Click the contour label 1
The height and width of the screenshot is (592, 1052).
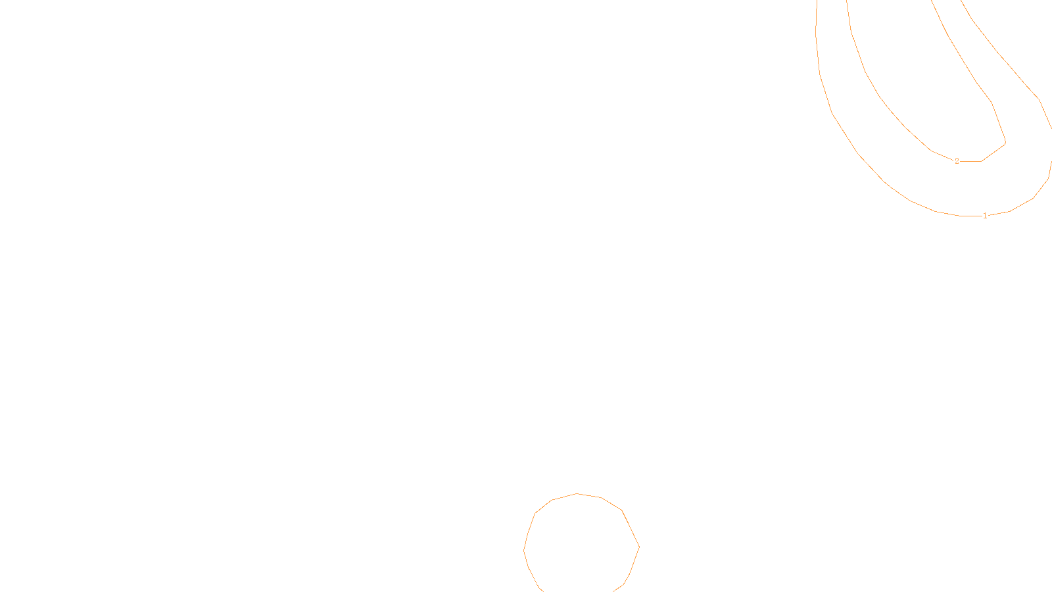985,216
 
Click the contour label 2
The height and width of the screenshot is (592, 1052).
957,161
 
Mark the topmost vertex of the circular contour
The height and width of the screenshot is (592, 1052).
577,493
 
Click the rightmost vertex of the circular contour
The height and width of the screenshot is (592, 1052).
639,547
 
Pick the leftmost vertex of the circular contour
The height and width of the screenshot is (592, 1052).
524,550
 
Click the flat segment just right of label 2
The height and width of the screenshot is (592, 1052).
970,161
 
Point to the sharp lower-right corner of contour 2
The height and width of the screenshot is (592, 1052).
1005,143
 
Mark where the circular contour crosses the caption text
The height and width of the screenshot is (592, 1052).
533,580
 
